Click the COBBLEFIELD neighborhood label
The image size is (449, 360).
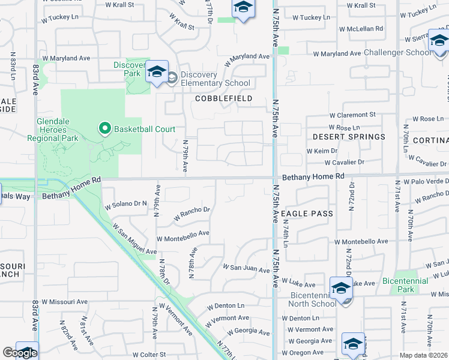223,98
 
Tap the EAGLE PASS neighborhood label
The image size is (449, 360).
306,213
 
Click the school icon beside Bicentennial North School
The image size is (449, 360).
340,288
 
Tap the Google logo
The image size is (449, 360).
19,353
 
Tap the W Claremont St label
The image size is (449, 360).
352,115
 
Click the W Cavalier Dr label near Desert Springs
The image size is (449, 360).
344,163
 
